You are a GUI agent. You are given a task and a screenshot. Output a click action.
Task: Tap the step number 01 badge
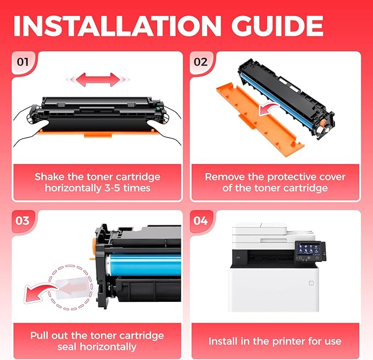(23, 61)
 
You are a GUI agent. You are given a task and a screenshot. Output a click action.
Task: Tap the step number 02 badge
(201, 61)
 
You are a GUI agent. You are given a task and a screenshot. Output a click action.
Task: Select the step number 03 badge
(23, 221)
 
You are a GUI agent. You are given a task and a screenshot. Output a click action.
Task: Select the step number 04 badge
(201, 221)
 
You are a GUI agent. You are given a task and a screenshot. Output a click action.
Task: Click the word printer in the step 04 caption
(275, 341)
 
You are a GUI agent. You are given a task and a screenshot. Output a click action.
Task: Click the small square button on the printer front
(311, 283)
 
